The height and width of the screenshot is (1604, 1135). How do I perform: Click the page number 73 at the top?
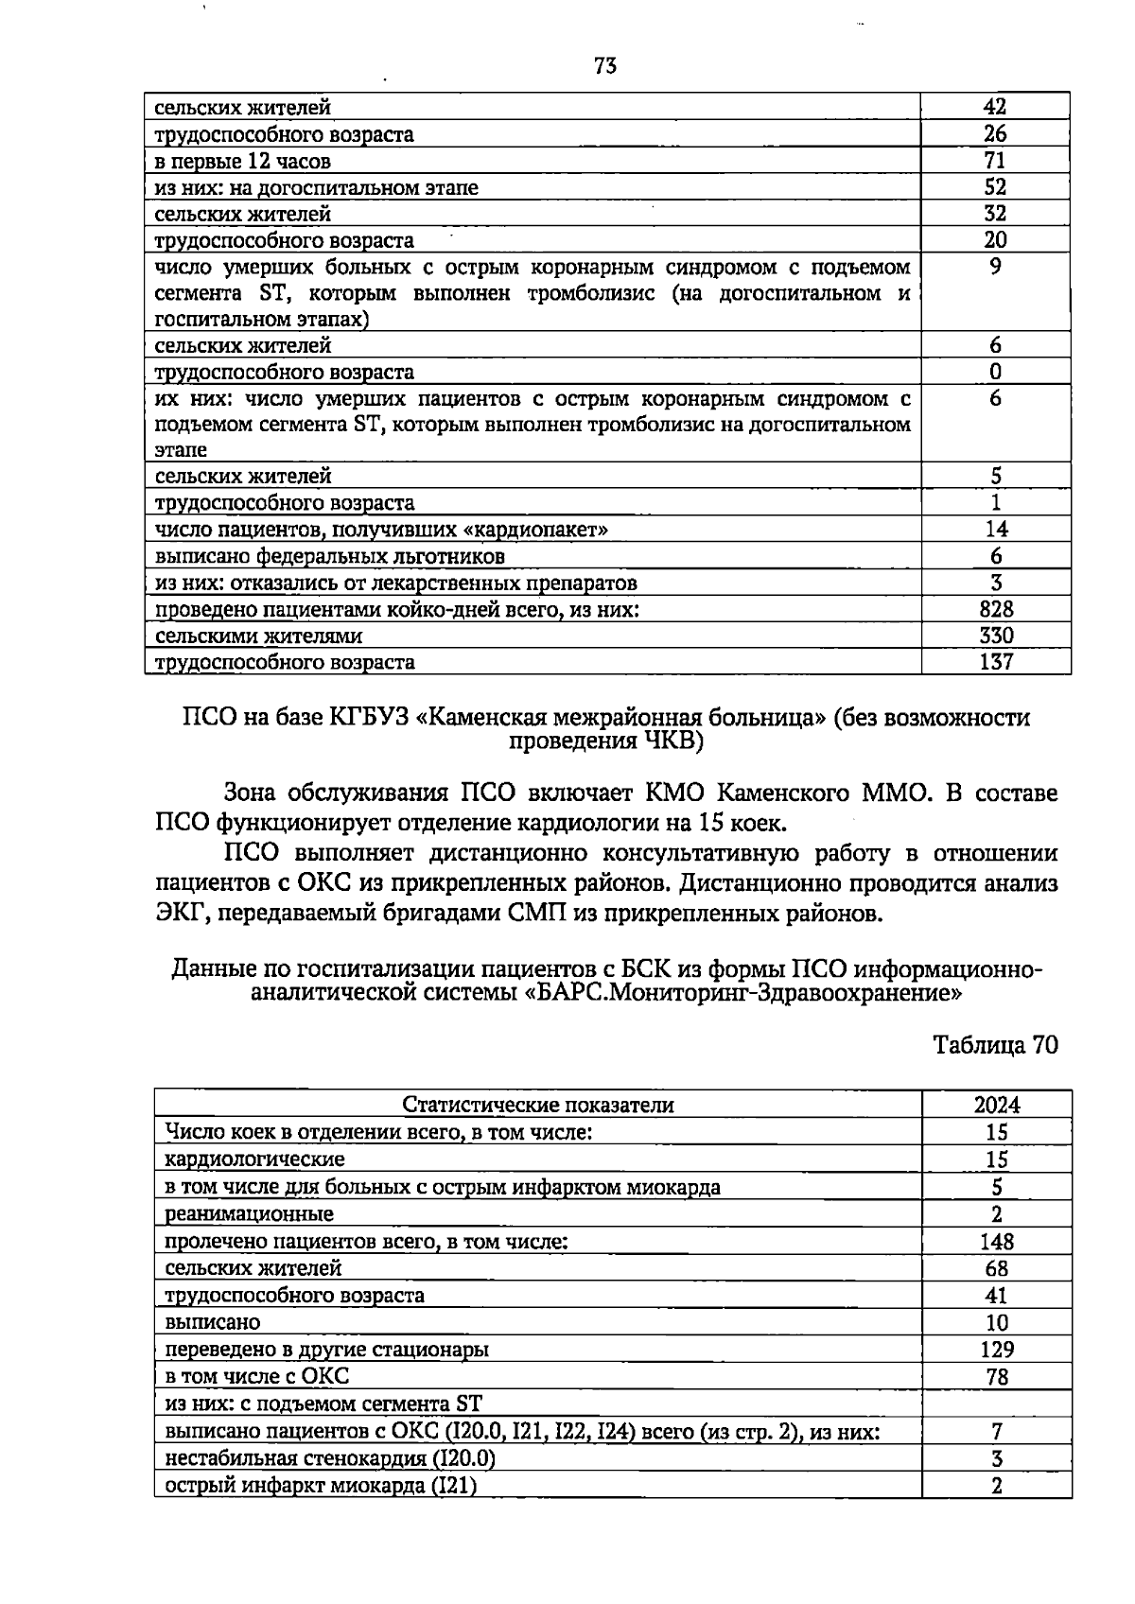[605, 65]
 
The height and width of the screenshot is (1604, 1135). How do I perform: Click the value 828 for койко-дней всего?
[996, 609]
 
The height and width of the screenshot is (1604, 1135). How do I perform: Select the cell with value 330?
[996, 636]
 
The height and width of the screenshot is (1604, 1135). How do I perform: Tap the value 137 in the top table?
[996, 662]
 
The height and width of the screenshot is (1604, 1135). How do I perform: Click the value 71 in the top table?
[995, 160]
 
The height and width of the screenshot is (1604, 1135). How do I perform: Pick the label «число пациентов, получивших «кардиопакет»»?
[380, 530]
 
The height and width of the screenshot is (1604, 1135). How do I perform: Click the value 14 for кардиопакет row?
[996, 529]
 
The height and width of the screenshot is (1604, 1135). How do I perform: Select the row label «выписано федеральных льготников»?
[329, 556]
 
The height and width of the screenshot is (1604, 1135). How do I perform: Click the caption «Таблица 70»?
[994, 1045]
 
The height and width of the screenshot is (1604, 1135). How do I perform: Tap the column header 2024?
[997, 1105]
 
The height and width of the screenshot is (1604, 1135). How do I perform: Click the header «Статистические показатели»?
[538, 1105]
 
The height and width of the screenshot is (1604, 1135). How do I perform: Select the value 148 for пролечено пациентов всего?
[996, 1241]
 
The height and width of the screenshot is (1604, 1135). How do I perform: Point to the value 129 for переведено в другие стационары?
[996, 1350]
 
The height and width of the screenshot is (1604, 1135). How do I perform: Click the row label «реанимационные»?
[249, 1213]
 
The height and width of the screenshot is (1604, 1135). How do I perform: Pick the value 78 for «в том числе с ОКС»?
[997, 1377]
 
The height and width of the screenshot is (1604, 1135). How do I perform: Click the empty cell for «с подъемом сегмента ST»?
[997, 1403]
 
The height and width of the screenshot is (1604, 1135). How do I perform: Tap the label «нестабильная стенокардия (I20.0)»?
[330, 1458]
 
